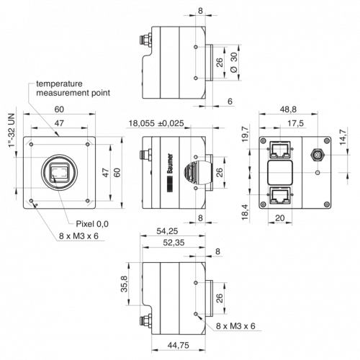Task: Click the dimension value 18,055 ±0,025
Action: tap(156, 123)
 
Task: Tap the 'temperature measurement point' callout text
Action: tap(73, 89)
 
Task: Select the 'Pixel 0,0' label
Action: tap(92, 224)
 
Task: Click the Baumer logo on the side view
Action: tap(170, 173)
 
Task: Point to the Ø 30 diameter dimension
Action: tap(233, 62)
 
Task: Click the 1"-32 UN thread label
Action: tap(12, 130)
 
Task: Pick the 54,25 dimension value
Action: tap(167, 231)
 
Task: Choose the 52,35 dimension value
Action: tap(174, 243)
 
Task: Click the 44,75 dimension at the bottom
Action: tap(179, 346)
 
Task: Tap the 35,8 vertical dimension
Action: tap(125, 284)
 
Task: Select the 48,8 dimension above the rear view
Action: tap(288, 109)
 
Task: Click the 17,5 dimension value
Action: tap(295, 123)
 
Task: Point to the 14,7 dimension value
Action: tap(343, 137)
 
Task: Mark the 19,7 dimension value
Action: tap(246, 135)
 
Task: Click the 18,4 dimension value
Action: tap(245, 212)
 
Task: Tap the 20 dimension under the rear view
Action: tap(280, 218)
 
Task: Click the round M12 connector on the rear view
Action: tap(318, 154)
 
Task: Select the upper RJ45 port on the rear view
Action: tap(280, 149)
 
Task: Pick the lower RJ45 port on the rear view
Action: tap(280, 195)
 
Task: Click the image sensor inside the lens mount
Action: tap(59, 172)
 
